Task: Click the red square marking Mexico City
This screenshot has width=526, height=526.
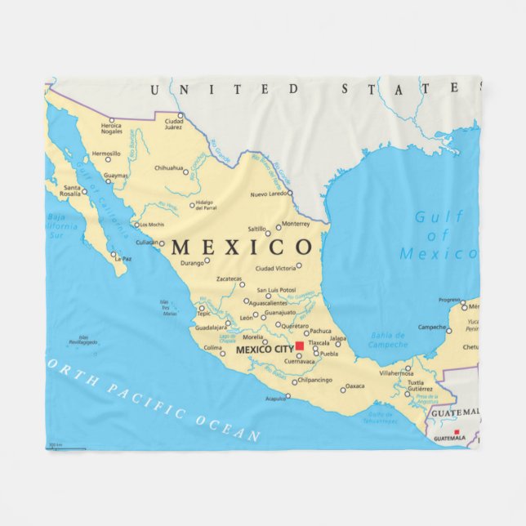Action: tap(300, 346)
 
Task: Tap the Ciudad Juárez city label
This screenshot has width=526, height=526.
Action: tap(173, 124)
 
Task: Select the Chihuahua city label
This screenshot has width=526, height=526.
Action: tap(169, 168)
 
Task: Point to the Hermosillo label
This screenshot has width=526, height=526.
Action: tap(106, 154)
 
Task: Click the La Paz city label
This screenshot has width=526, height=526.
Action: tap(123, 259)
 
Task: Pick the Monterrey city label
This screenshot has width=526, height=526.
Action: tap(295, 223)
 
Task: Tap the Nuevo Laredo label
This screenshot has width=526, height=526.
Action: tap(270, 194)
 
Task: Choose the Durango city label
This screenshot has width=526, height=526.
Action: tap(191, 264)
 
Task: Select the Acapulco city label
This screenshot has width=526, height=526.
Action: tap(275, 399)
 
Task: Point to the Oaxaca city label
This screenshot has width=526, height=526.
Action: tap(354, 386)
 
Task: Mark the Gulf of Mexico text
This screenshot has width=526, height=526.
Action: tap(437, 235)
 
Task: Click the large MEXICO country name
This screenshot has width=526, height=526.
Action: tap(241, 247)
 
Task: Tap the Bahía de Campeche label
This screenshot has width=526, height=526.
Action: tap(388, 339)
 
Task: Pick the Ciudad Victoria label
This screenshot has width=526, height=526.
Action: tap(275, 268)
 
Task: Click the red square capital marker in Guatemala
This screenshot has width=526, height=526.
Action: tap(457, 431)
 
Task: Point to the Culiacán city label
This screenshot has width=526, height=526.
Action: tap(147, 243)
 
